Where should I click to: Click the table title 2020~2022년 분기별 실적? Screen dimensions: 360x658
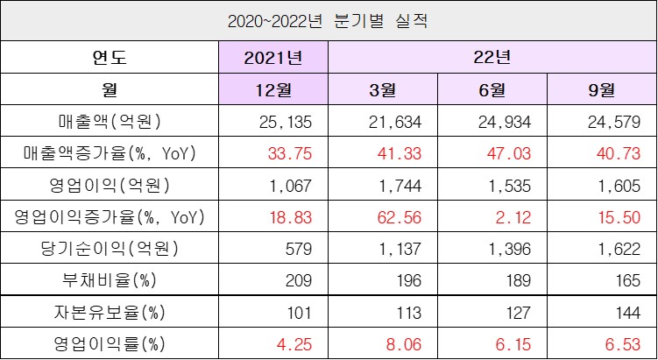tap(329, 18)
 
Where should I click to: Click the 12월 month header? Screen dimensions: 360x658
tap(273, 89)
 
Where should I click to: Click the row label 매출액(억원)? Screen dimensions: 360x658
tap(110, 121)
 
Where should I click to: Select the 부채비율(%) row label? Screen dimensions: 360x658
tap(110, 279)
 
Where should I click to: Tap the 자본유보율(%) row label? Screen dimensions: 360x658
tap(110, 312)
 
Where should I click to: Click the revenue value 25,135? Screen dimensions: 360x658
tap(273, 121)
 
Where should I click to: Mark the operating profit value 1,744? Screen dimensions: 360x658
tap(383, 185)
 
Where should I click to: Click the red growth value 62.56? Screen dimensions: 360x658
tap(383, 216)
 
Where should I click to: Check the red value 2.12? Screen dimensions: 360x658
tap(493, 216)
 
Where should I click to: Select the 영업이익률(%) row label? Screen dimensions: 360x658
tap(110, 343)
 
